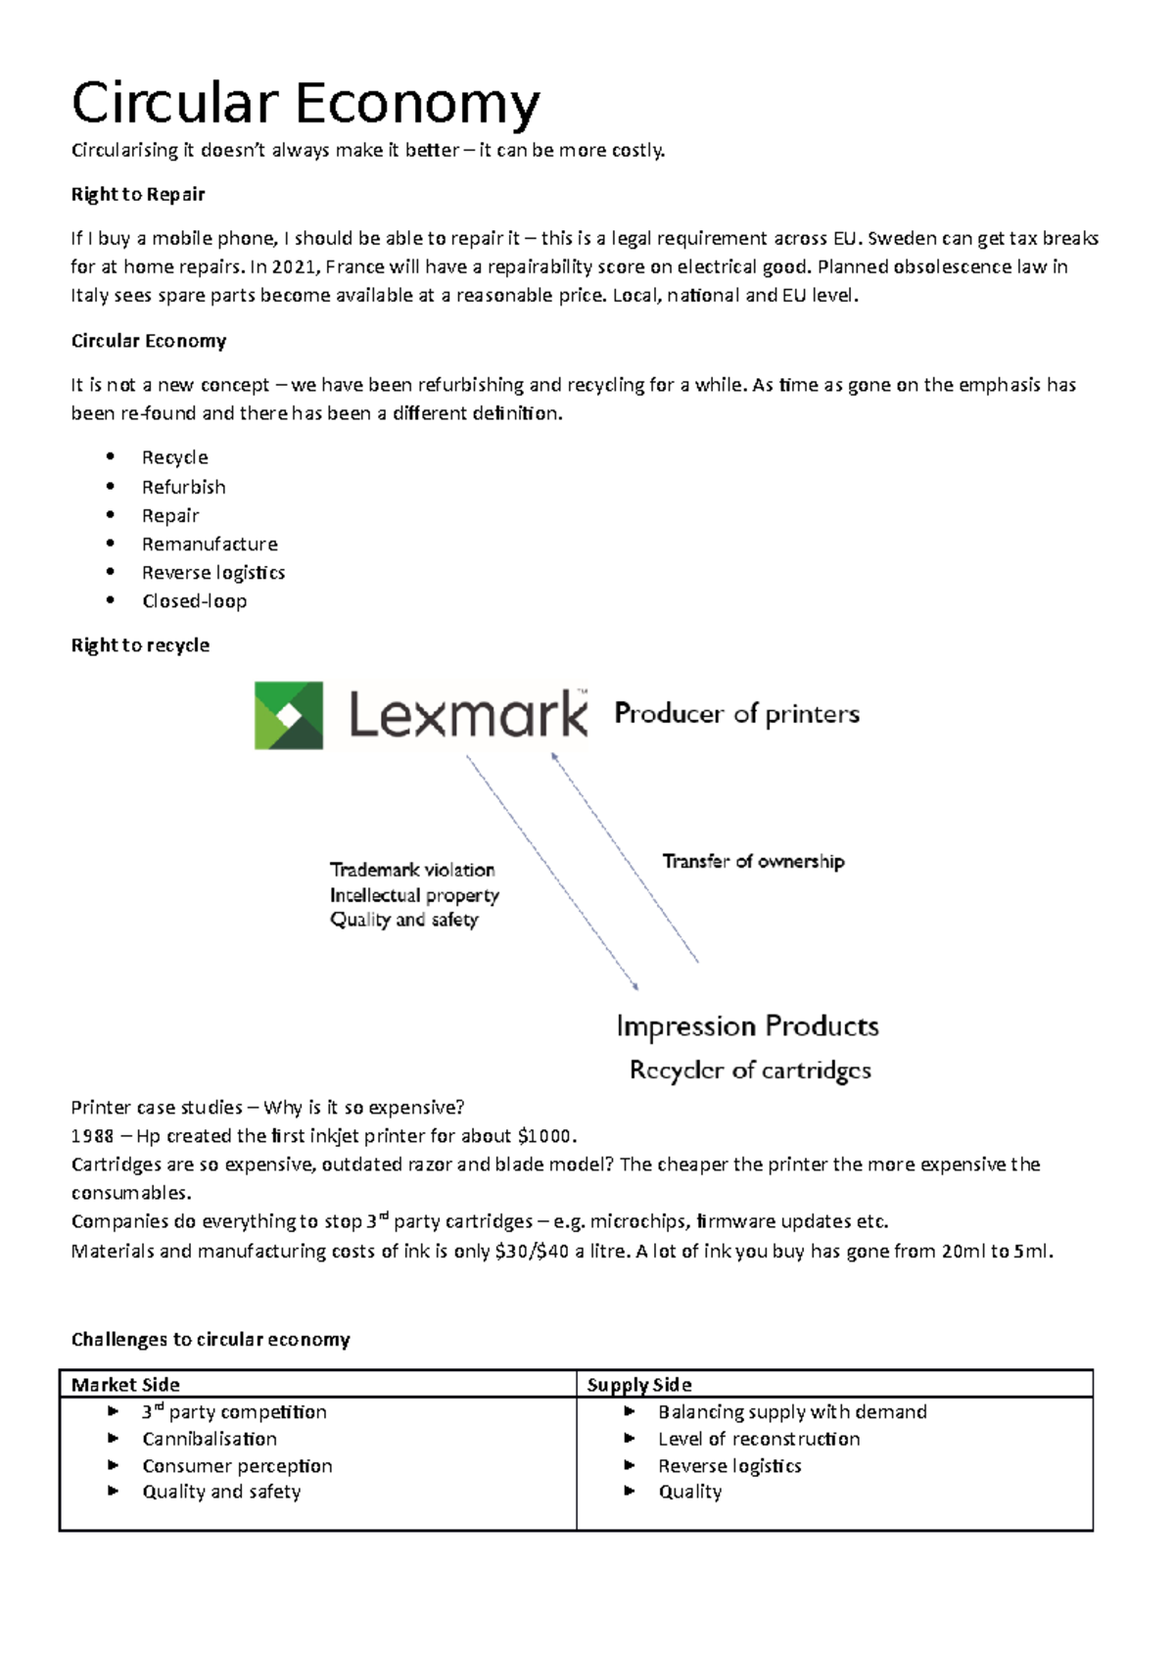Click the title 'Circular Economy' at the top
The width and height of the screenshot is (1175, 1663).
305,104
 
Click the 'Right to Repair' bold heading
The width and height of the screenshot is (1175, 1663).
138,194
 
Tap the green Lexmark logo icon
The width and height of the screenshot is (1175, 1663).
289,715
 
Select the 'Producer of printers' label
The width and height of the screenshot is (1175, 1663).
736,714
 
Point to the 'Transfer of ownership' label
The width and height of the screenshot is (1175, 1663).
753,862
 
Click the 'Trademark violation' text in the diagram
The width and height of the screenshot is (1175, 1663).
412,870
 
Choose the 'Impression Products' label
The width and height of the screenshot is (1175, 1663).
747,1026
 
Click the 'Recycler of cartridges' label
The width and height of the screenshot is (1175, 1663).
750,1070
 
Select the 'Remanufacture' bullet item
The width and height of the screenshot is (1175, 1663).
210,545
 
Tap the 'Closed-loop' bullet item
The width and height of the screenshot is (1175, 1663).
194,601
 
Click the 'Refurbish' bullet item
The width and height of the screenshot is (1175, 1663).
183,487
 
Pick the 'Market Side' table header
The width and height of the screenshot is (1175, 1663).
125,1385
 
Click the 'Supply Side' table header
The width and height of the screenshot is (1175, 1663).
639,1385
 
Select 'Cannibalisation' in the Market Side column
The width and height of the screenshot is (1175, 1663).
210,1439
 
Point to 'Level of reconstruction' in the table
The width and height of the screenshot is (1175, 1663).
759,1439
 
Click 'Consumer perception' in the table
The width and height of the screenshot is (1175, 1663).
237,1466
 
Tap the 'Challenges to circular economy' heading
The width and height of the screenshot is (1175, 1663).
211,1340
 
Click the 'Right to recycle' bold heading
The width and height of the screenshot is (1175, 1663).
140,645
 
